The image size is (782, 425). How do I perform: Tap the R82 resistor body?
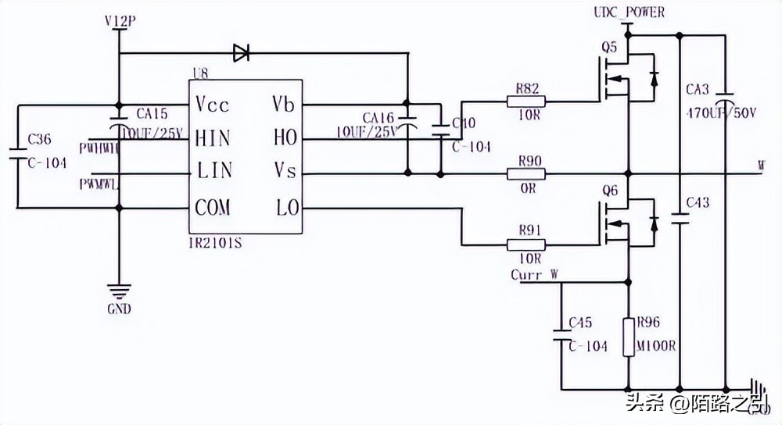[526, 101]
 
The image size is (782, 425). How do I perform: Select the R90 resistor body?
[526, 173]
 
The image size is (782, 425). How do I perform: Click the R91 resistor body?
[526, 245]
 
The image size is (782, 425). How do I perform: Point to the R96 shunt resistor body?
[629, 337]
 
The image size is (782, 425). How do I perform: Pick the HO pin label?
[285, 138]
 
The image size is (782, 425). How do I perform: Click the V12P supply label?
[119, 21]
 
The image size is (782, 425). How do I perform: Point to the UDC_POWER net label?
[630, 12]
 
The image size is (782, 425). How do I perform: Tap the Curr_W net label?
[534, 275]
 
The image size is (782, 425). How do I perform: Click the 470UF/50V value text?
[722, 112]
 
